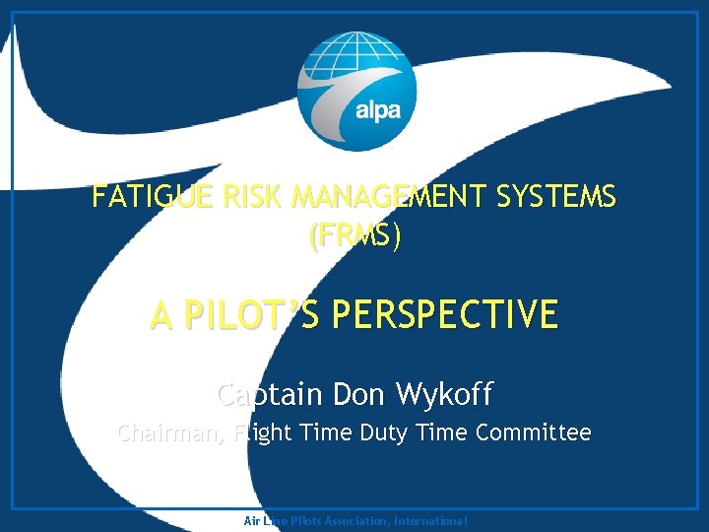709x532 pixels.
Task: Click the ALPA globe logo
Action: [x=355, y=91]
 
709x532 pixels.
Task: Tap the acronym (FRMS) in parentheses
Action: [x=354, y=237]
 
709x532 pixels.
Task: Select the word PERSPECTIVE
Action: [x=444, y=316]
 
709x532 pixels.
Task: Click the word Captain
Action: [x=270, y=395]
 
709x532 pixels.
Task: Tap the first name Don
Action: [x=361, y=395]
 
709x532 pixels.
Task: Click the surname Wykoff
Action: [x=444, y=395]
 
